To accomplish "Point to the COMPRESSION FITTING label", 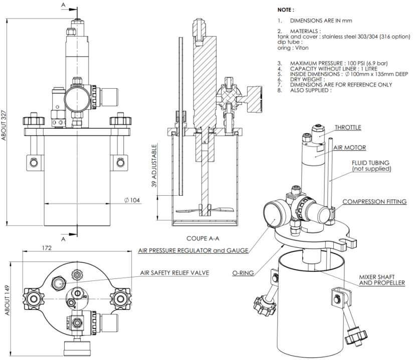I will click(x=374, y=202).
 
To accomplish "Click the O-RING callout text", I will click(x=242, y=273).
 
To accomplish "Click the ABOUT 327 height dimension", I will click(x=4, y=120).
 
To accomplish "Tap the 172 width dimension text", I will click(x=61, y=248).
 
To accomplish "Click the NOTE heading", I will click(x=286, y=9).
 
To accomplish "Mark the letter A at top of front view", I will click(x=63, y=5).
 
